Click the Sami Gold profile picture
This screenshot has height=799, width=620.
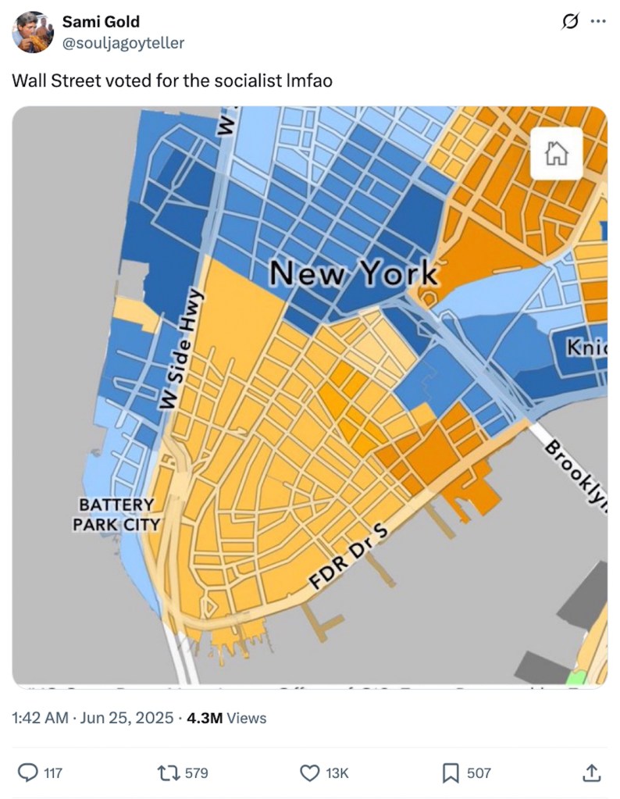33,32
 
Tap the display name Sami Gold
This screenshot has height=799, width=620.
101,21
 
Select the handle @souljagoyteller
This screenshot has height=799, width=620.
123,43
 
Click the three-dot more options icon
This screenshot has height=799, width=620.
597,21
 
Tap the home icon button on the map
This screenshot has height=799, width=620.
556,153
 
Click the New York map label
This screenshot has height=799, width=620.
354,273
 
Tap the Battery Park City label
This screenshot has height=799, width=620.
116,515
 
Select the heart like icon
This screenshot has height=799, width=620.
310,772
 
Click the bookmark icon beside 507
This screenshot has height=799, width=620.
451,772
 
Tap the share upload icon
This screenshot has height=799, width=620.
592,772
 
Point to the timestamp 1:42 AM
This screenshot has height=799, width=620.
40,717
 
